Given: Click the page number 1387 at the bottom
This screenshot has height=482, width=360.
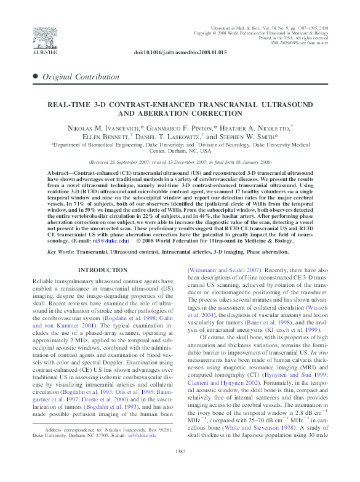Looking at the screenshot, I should (180, 469).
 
